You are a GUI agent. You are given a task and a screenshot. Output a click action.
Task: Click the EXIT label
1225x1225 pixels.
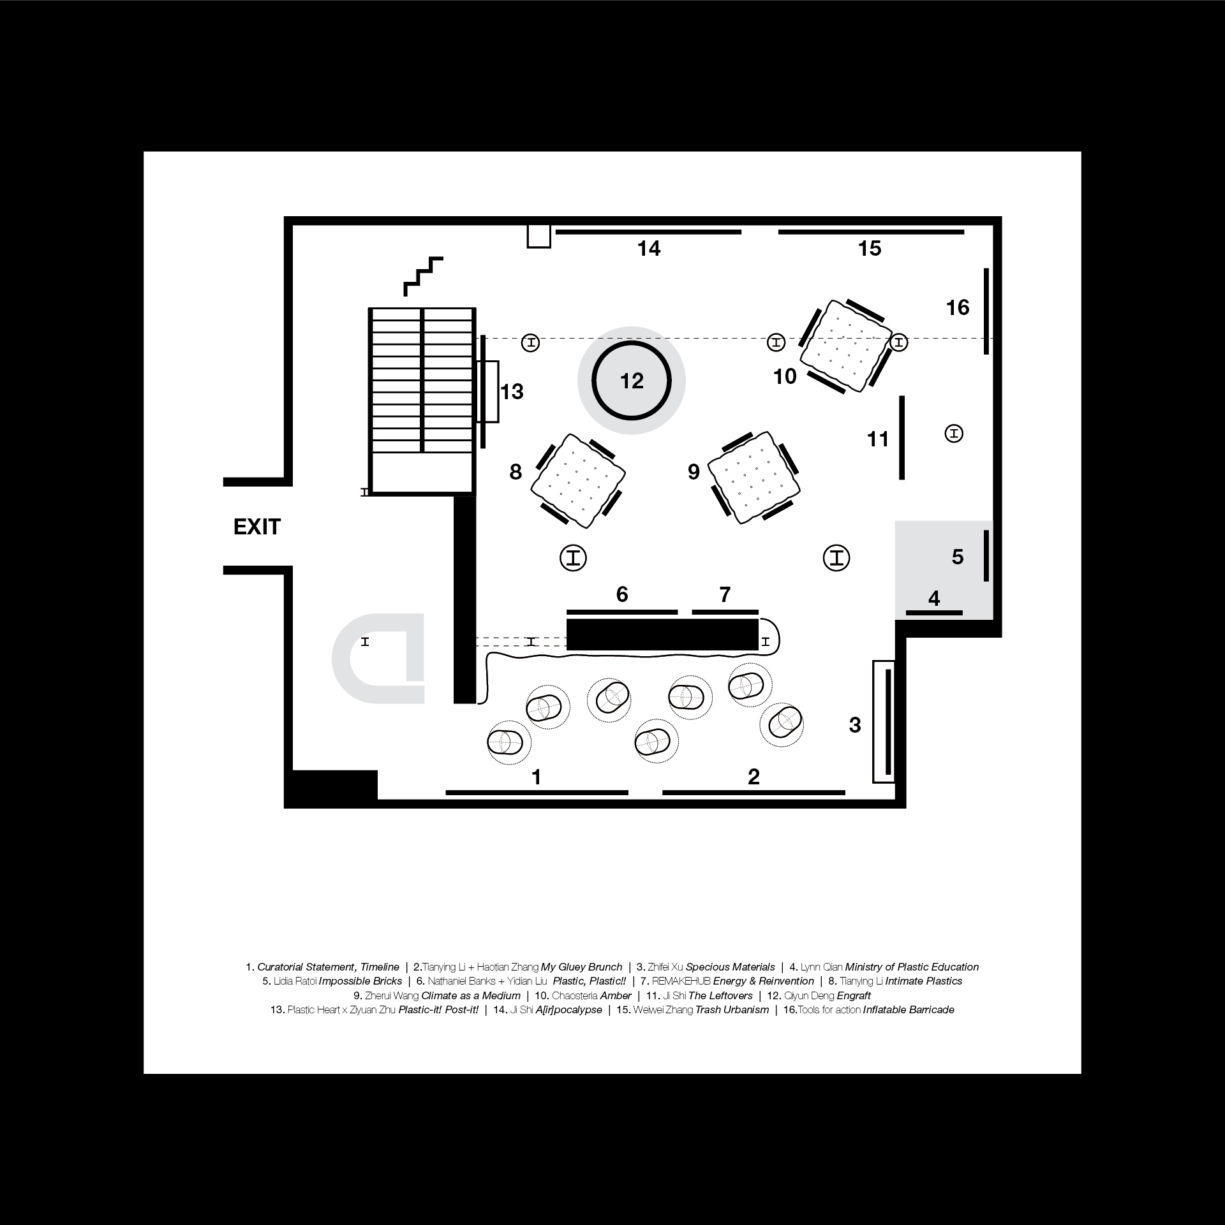pos(257,527)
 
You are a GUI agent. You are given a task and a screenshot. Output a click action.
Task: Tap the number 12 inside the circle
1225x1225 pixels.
pos(632,381)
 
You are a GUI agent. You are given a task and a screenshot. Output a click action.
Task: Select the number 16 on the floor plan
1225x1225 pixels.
pos(957,308)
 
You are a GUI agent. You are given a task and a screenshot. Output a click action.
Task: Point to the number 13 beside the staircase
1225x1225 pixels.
pos(512,392)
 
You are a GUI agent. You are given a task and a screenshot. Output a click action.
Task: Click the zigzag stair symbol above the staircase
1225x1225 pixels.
pos(422,276)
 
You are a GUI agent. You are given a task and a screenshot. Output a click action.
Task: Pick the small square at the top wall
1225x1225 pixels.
pos(538,236)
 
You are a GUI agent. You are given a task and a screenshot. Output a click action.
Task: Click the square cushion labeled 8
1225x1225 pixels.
pos(578,480)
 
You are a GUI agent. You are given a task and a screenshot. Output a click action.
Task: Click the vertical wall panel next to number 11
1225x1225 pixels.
pos(902,437)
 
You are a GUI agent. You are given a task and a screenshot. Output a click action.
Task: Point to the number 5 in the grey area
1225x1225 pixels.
pos(957,557)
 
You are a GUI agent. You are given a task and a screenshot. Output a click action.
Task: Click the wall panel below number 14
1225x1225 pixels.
pos(648,232)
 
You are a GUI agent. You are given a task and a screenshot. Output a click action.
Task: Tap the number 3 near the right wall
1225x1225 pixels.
pos(855,725)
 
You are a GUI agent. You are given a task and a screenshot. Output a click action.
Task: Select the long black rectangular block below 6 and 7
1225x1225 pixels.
pos(662,635)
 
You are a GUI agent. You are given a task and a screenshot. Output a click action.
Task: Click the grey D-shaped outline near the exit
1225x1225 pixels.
pos(379,658)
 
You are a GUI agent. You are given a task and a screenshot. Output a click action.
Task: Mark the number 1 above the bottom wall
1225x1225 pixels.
pos(537,777)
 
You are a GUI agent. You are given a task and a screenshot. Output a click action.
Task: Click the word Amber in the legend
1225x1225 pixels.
pos(616,996)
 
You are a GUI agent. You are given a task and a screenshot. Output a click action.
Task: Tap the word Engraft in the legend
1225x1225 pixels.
pos(853,996)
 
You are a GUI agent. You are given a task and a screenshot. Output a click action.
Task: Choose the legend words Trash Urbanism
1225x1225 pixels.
pos(732,1010)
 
